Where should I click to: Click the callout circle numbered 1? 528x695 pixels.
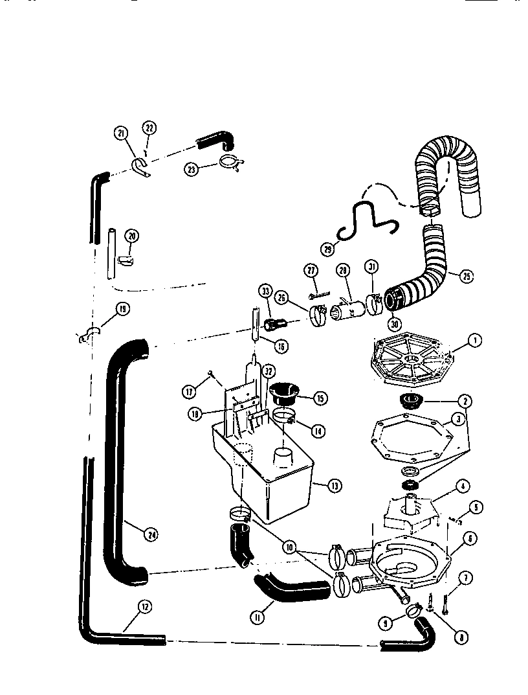pyautogui.click(x=475, y=339)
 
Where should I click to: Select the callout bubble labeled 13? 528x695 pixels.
pyautogui.click(x=335, y=485)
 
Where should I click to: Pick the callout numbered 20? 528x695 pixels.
pyautogui.click(x=132, y=236)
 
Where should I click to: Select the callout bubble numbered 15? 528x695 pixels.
pyautogui.click(x=319, y=398)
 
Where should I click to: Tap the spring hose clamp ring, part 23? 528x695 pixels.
pyautogui.click(x=229, y=163)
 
